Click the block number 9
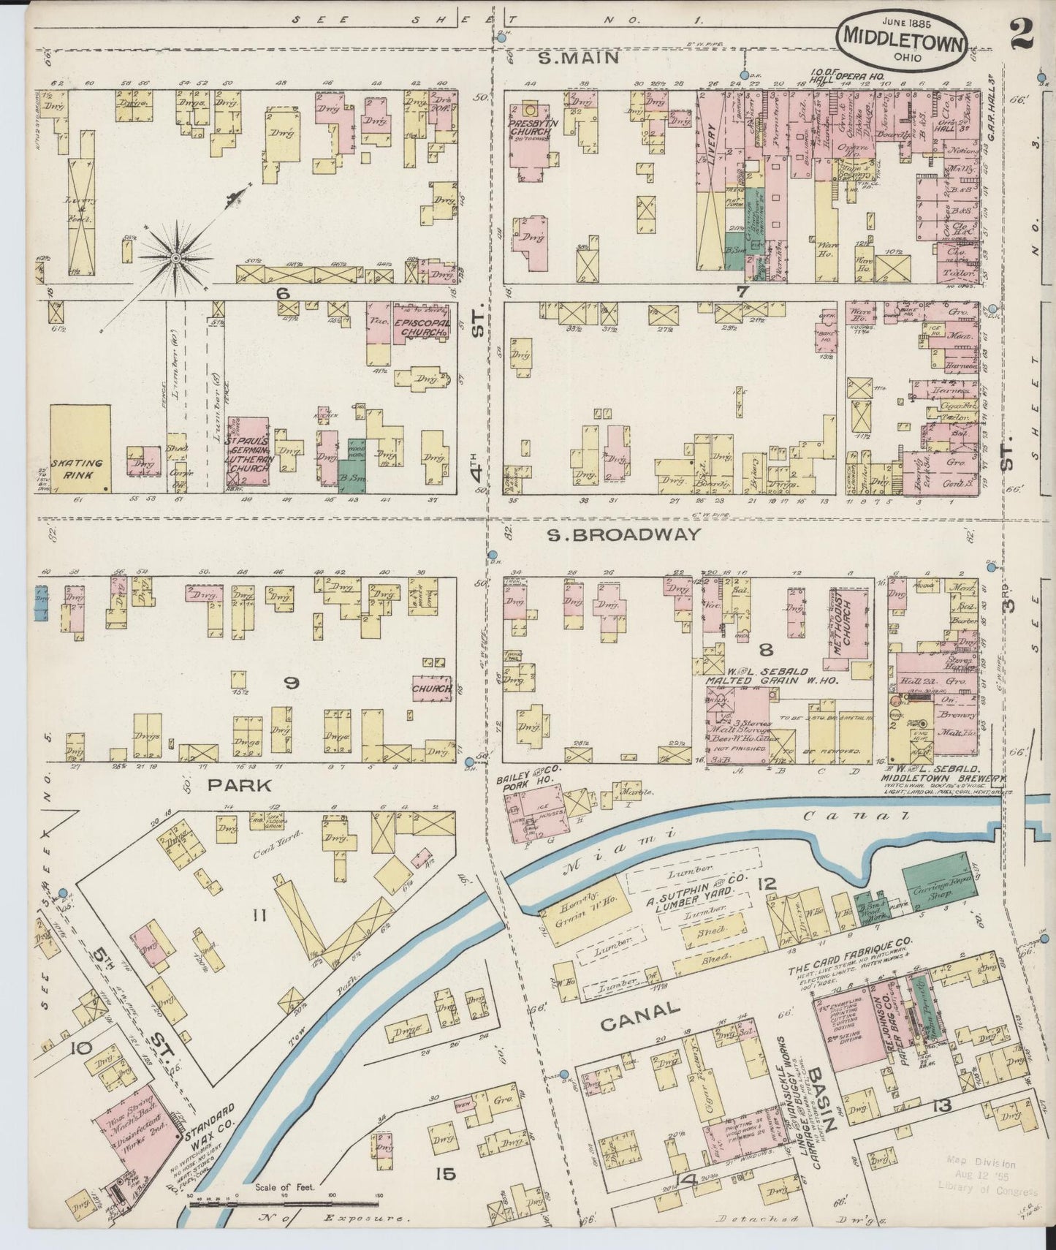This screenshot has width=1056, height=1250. (x=291, y=683)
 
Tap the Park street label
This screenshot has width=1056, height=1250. (x=229, y=785)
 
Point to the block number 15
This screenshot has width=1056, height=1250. (x=445, y=1174)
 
